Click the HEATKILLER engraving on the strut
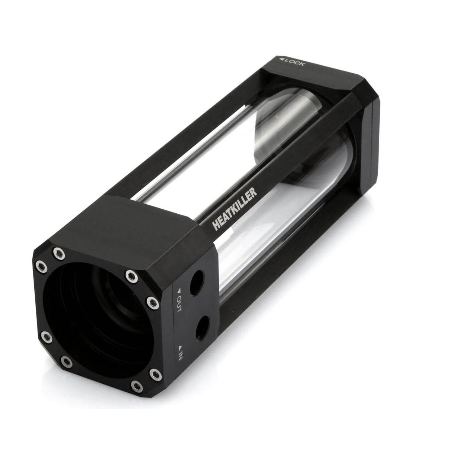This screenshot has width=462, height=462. (x=235, y=209)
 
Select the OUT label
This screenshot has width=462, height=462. (x=179, y=304)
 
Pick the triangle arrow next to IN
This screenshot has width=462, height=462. (x=180, y=347)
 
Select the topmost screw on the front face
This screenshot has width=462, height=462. (x=59, y=253)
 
